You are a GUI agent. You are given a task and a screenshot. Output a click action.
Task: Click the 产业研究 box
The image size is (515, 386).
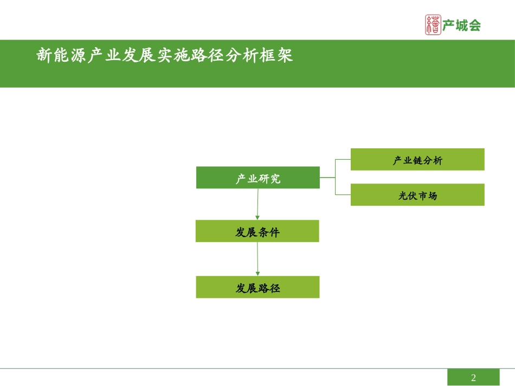coord(257,178)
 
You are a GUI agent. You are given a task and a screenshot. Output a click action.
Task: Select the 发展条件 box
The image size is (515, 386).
coord(257,231)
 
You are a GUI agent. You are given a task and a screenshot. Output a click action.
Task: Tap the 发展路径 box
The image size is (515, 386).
coord(257,287)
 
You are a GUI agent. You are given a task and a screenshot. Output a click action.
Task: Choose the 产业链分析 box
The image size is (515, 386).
coord(417,159)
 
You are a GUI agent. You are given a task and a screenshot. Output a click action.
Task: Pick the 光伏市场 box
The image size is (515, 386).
coord(417,195)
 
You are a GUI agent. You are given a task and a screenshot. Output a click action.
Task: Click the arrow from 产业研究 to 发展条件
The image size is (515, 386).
coord(257,204)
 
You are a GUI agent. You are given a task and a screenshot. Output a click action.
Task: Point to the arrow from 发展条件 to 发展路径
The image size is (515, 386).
coord(257,259)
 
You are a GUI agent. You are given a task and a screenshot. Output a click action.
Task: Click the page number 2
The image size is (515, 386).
coord(473,377)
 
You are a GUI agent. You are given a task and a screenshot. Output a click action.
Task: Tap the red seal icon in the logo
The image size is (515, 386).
coord(434,25)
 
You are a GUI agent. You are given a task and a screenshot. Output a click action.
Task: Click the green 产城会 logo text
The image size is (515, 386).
coord(462,25)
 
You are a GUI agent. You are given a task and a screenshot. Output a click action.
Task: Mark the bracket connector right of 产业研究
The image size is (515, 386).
coord(336,177)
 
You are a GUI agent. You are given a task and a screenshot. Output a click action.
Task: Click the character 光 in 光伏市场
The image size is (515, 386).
coord(403,195)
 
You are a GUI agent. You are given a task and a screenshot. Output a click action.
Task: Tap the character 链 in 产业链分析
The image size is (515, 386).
coord(418,160)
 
